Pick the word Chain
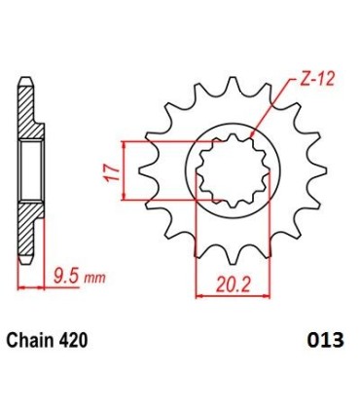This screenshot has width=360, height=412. [34, 342]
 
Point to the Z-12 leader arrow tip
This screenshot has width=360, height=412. [251, 132]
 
